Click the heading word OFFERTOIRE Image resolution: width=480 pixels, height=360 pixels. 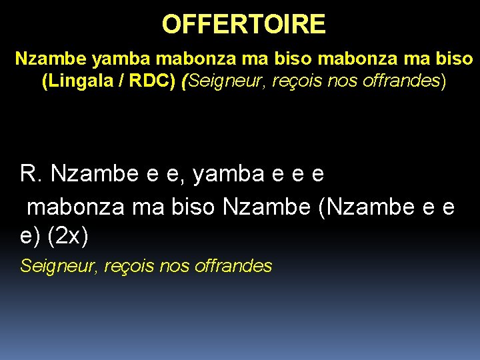(243, 25)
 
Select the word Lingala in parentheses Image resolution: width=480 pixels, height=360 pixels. (85, 81)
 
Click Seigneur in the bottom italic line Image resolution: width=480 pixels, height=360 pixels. (59, 266)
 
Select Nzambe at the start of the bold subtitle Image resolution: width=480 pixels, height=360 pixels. (51, 59)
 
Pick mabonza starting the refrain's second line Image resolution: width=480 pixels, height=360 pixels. (75, 207)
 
